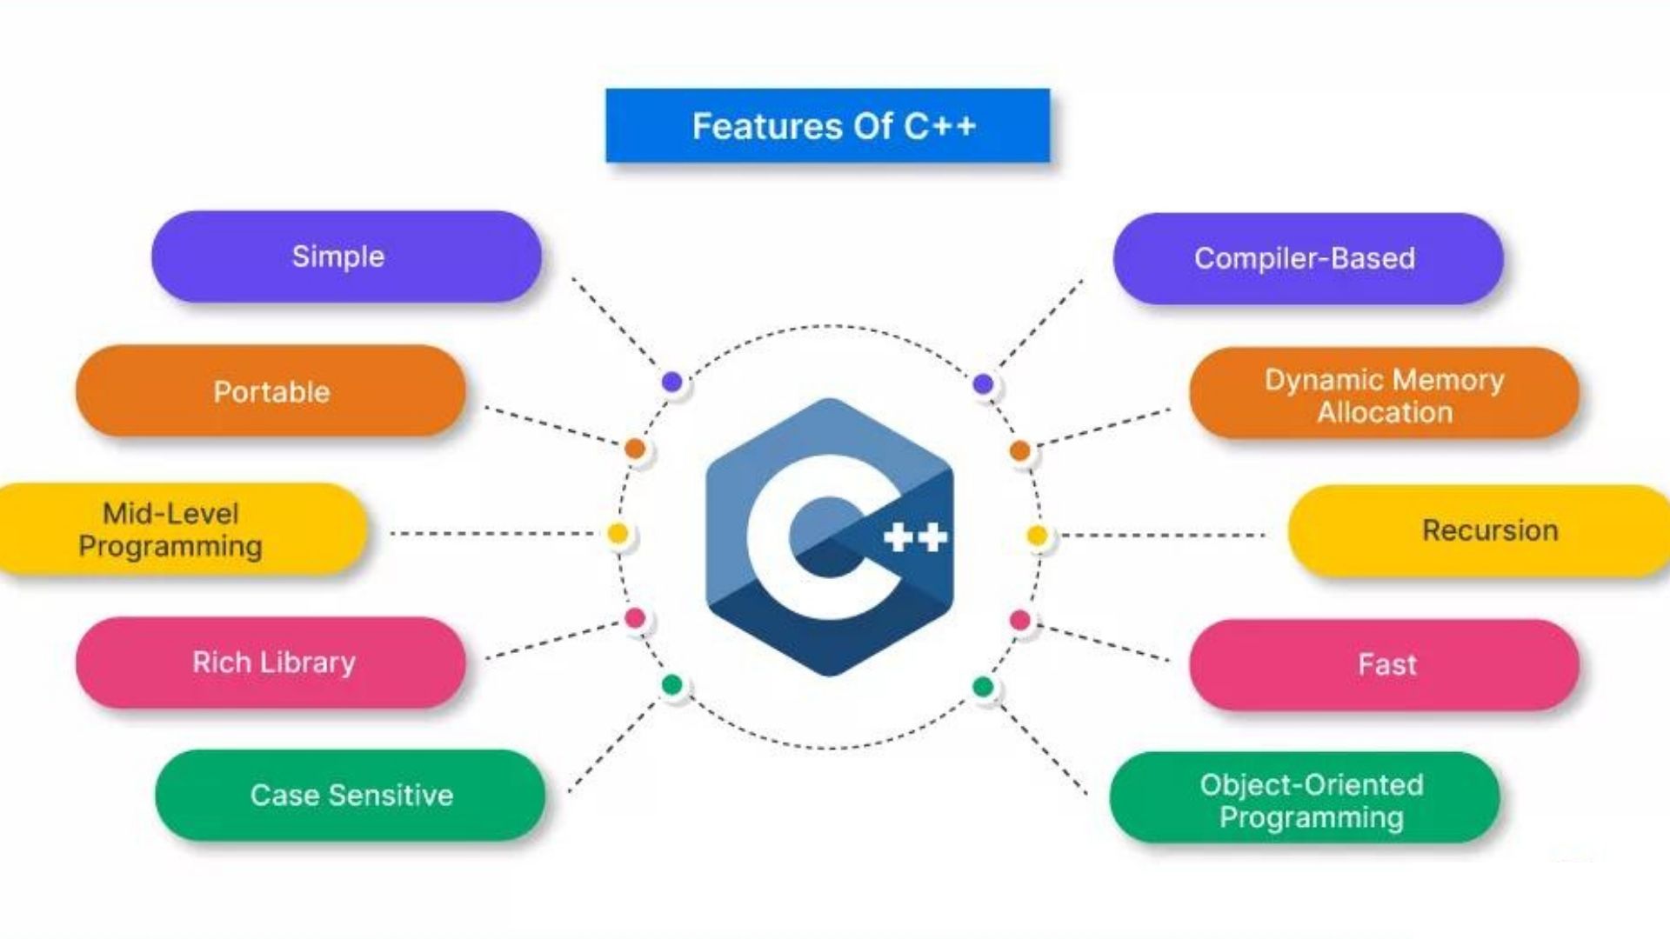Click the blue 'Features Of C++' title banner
[x=828, y=125]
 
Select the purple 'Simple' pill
[x=346, y=256]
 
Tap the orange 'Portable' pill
[x=271, y=391]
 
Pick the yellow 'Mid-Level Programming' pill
[x=181, y=529]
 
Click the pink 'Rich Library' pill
[x=271, y=663]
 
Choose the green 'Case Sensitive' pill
[x=350, y=796]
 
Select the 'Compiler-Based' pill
[x=1308, y=258]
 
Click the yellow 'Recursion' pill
[x=1479, y=530]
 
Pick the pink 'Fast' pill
[x=1384, y=665]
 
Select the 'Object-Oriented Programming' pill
[x=1305, y=798]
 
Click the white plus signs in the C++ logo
[x=915, y=537]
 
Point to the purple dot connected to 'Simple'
[x=671, y=382]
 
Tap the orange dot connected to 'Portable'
[x=635, y=449]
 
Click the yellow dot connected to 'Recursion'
[x=1037, y=536]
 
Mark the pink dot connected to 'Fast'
[x=1020, y=620]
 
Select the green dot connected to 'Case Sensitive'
[x=671, y=685]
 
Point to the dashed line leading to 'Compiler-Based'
[x=1041, y=323]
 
